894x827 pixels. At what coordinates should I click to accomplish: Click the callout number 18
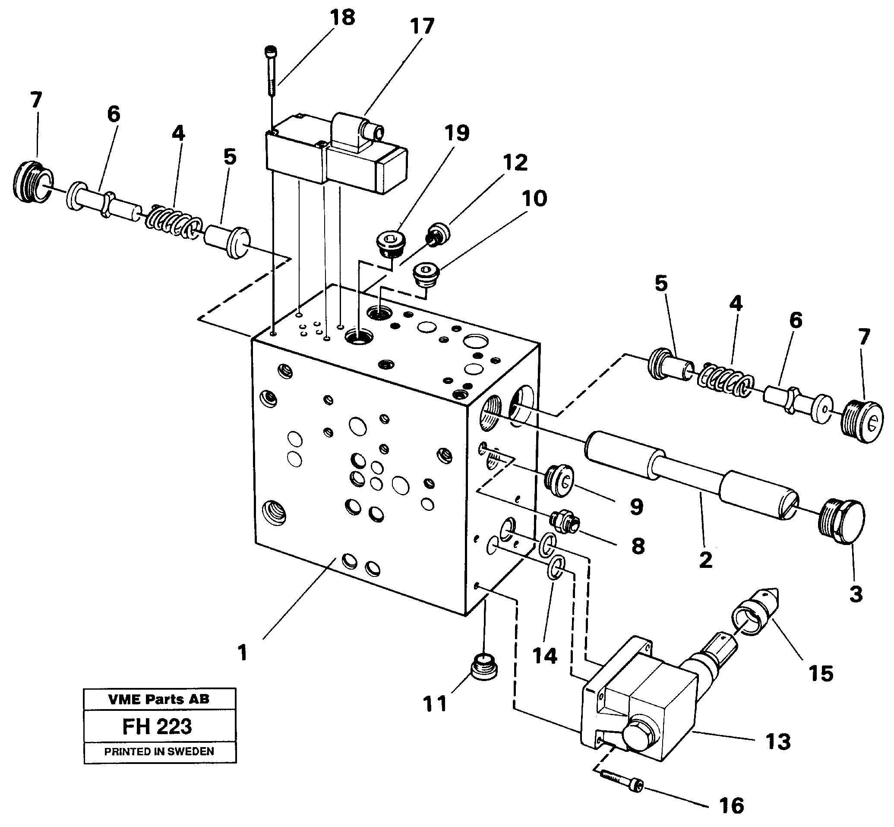click(x=342, y=18)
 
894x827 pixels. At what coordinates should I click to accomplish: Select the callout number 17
click(x=422, y=27)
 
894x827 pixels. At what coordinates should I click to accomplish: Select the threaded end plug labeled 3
click(x=843, y=521)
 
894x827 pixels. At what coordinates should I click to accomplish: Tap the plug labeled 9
click(x=559, y=480)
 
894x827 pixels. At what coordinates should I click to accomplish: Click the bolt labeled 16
click(x=622, y=785)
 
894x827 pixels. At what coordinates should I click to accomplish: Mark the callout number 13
click(x=778, y=742)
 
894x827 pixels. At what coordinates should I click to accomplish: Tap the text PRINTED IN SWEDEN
click(x=159, y=752)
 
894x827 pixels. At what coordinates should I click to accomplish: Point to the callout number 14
click(x=545, y=656)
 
